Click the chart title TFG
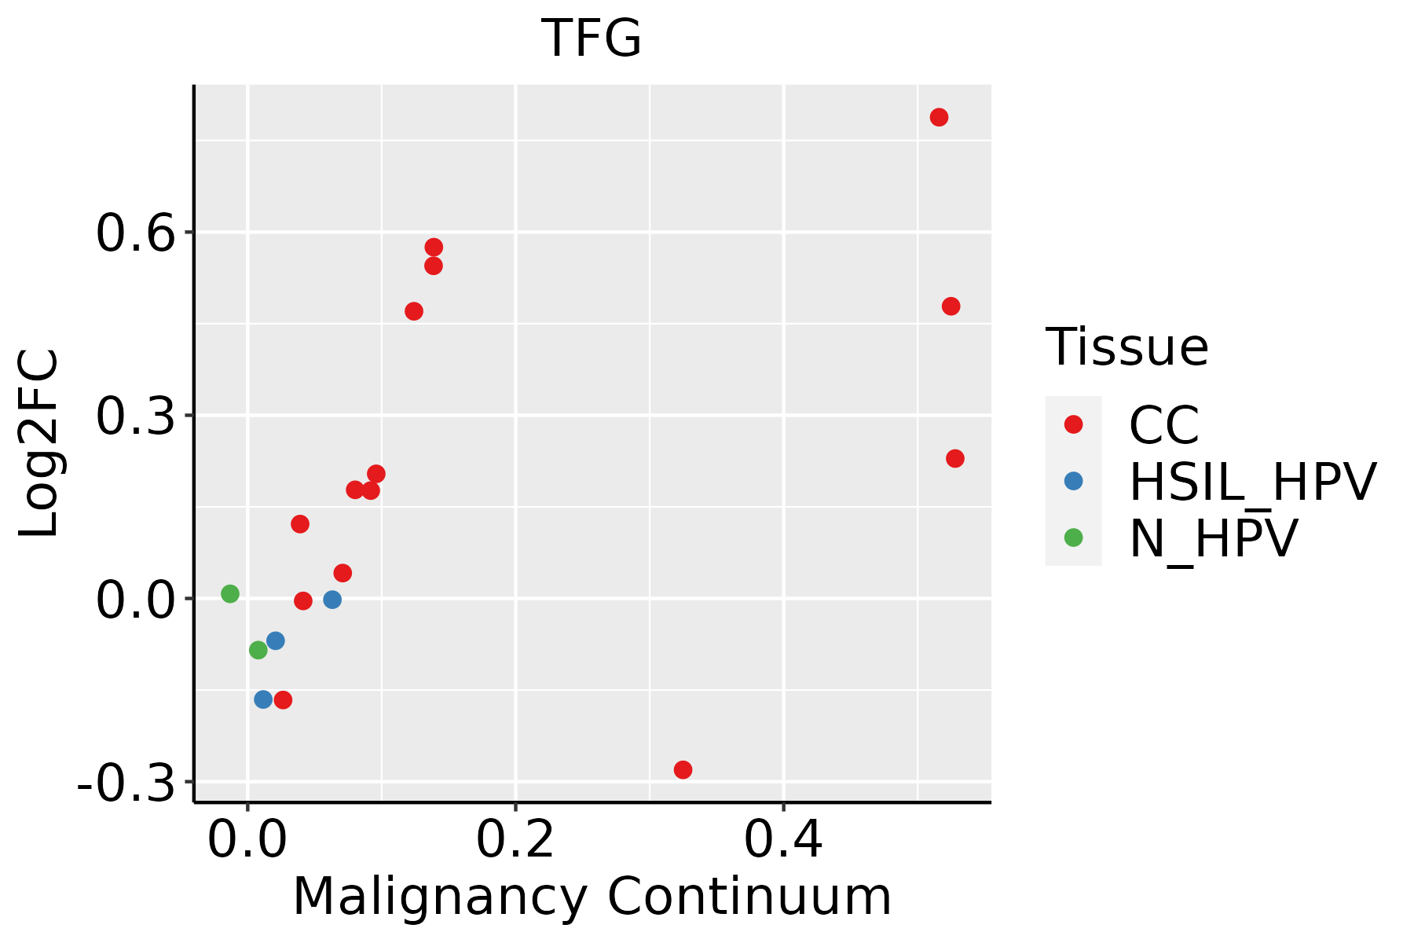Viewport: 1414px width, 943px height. (x=592, y=39)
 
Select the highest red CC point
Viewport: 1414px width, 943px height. (x=939, y=117)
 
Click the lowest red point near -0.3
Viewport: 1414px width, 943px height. (x=683, y=769)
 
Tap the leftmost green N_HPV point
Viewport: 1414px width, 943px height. (x=230, y=593)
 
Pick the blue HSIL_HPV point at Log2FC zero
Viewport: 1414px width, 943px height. (x=332, y=600)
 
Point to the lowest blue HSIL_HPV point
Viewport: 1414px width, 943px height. (x=263, y=699)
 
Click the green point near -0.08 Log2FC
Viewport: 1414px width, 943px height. (x=258, y=650)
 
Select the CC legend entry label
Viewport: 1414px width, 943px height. (x=1164, y=425)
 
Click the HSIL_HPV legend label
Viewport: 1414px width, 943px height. (x=1253, y=482)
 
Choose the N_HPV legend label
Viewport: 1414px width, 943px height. (x=1214, y=538)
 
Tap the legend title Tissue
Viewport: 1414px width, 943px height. (x=1127, y=347)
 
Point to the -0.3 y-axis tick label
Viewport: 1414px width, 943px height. (x=126, y=783)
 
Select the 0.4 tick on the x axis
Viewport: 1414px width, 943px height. (x=784, y=839)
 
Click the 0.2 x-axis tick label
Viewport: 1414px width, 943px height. (x=515, y=839)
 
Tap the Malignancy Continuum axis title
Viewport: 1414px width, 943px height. (x=592, y=897)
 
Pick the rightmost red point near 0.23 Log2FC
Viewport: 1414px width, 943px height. (x=955, y=458)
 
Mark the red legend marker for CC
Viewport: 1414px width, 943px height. (x=1073, y=424)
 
